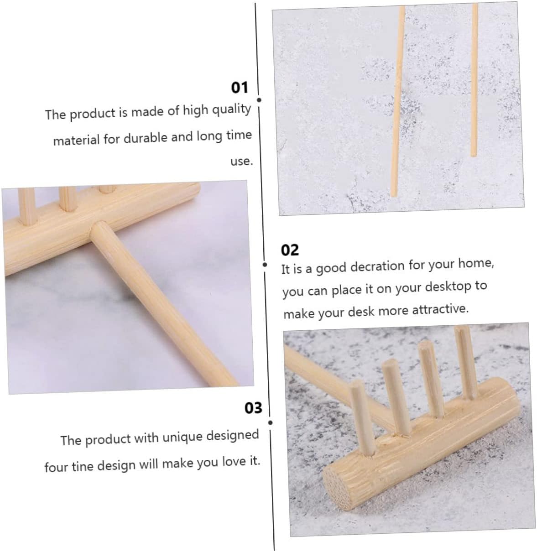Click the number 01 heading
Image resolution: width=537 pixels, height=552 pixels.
click(x=239, y=88)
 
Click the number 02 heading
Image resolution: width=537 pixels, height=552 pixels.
click(x=290, y=250)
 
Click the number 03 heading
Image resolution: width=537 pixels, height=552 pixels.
click(x=253, y=408)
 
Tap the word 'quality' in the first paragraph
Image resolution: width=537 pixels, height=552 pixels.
click(x=232, y=109)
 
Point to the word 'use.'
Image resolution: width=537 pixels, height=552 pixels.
click(x=241, y=161)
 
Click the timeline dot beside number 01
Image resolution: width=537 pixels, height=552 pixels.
click(x=259, y=100)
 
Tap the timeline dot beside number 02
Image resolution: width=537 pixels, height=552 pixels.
click(x=265, y=265)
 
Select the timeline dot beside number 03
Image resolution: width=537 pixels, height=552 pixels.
click(x=271, y=423)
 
